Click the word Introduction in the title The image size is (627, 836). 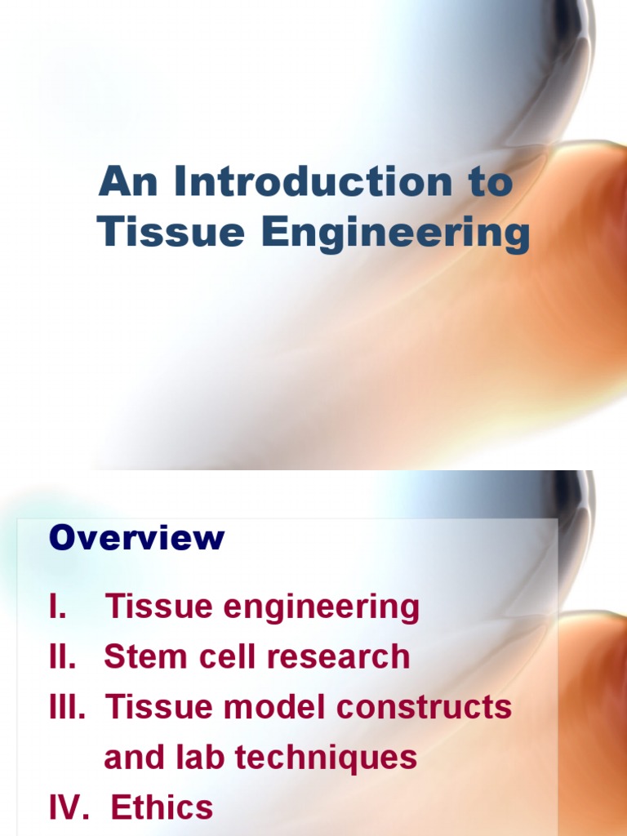[x=313, y=181]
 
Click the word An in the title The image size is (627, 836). [x=128, y=181]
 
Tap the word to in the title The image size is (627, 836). [x=491, y=182]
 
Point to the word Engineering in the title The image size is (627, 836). [x=396, y=234]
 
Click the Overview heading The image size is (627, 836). [x=136, y=537]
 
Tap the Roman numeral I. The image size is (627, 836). [x=58, y=607]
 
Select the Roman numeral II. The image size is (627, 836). [x=62, y=656]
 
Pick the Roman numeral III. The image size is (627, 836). [x=67, y=706]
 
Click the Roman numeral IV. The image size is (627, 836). [x=69, y=807]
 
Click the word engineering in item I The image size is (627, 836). [x=321, y=608]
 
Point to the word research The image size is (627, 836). [x=338, y=656]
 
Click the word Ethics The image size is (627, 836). [x=162, y=807]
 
